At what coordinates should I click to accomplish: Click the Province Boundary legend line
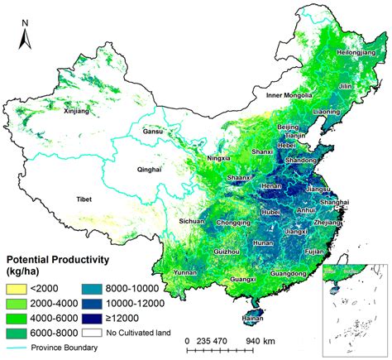[17, 347]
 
